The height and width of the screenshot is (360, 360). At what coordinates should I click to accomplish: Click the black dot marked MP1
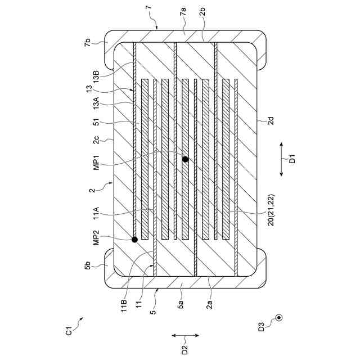185,160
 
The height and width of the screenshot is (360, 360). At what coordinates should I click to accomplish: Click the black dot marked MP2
134,240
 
